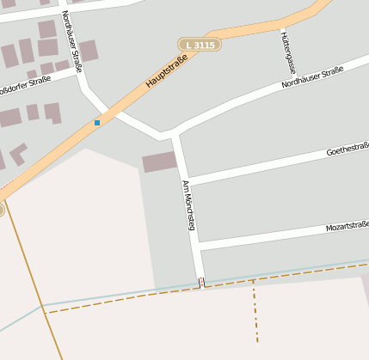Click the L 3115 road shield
(x=200, y=44)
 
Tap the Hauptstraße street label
(x=166, y=76)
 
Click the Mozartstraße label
(x=347, y=227)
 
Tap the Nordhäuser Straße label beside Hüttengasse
(x=312, y=78)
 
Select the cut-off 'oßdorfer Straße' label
(x=26, y=88)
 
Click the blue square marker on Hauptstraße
(x=97, y=123)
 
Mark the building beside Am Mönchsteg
(x=159, y=162)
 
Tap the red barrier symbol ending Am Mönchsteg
(x=201, y=282)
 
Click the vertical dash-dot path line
(x=255, y=314)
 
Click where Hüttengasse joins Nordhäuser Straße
(x=289, y=82)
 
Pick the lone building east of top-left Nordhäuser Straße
(x=88, y=50)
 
